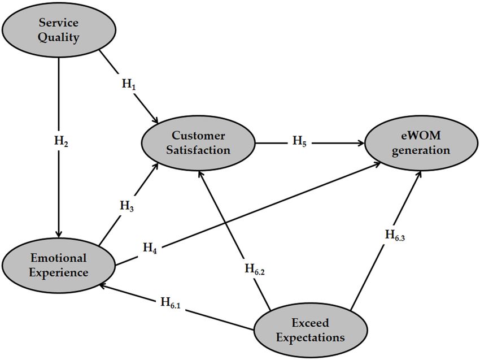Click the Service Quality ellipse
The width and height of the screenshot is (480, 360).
click(59, 30)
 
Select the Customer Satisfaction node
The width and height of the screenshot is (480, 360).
click(198, 143)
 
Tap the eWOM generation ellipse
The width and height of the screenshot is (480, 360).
click(421, 143)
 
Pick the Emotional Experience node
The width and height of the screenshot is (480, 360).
click(59, 265)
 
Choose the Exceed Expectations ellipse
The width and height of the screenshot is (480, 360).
click(311, 330)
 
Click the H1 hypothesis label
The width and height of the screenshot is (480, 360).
click(129, 84)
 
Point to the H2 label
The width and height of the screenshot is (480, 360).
click(61, 141)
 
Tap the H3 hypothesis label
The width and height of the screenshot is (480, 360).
click(126, 206)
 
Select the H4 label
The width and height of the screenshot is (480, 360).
click(150, 248)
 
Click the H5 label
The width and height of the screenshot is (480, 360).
click(299, 141)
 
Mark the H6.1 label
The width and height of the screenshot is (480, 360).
click(171, 303)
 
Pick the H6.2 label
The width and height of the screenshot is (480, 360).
click(255, 270)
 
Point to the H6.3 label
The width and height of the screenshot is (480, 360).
click(395, 235)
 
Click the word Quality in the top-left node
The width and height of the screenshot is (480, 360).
click(59, 37)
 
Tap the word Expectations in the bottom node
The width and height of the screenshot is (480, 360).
click(311, 337)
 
